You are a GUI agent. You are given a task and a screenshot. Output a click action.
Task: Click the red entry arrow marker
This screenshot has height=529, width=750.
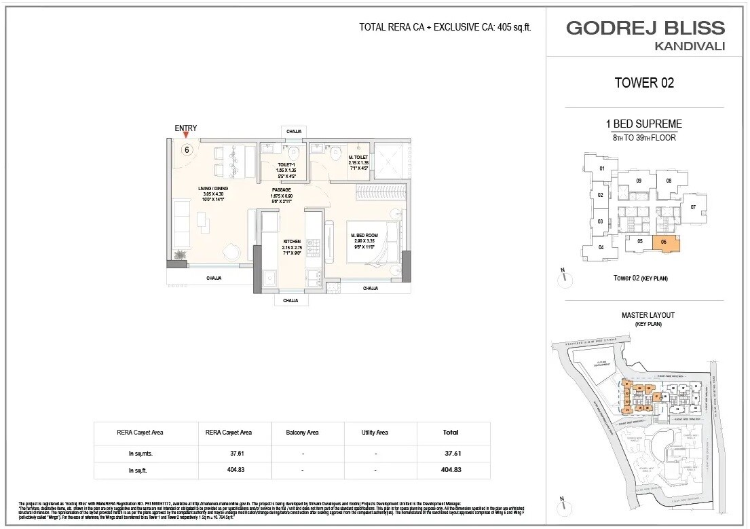[185, 135]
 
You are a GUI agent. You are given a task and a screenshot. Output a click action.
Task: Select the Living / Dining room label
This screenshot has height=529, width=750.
[212, 189]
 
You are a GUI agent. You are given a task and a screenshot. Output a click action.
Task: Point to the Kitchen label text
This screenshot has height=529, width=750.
[292, 241]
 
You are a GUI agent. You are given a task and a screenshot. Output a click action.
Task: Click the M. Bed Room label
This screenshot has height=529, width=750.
[364, 236]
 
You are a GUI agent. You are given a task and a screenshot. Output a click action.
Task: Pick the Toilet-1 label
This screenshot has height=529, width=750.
[285, 164]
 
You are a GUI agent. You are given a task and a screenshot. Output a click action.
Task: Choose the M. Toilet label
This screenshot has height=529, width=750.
[358, 157]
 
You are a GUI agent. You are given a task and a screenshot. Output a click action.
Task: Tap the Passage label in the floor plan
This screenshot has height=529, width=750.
[282, 189]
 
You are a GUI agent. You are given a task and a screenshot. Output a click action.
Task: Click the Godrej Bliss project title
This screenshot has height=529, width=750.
[645, 28]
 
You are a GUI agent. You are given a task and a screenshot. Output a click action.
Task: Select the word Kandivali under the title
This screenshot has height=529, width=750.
[690, 46]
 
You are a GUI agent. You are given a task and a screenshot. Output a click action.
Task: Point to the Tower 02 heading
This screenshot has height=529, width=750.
[643, 83]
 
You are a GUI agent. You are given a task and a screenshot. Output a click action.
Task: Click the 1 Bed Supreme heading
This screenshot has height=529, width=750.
[643, 124]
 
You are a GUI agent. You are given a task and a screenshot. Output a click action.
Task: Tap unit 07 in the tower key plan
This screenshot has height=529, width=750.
[694, 206]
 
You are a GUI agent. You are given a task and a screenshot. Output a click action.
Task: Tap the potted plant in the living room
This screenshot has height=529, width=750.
[180, 255]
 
